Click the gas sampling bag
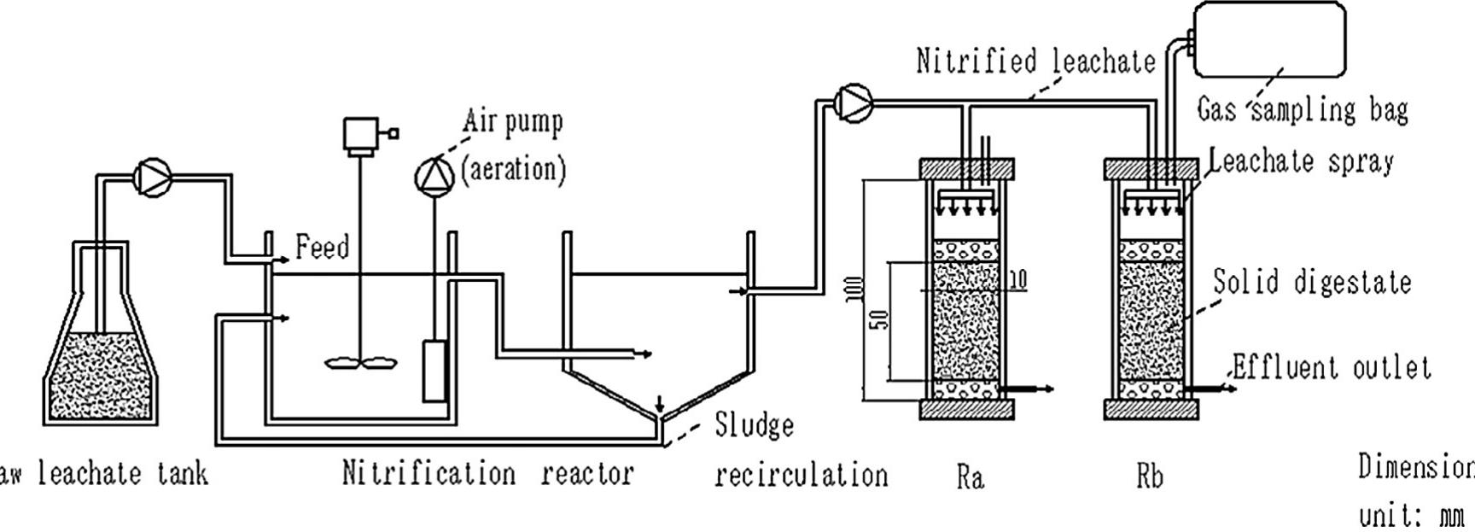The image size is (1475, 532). point(1268,38)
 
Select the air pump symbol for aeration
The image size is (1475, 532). point(434,176)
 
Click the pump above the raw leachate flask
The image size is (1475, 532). point(153,177)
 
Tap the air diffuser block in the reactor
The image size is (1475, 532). point(434,371)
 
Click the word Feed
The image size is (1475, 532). point(322,248)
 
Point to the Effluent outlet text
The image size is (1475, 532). point(1332,368)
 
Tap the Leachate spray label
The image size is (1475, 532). point(1302,161)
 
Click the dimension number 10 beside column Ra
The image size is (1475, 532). point(1017,279)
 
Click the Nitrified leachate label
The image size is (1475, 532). point(1035,61)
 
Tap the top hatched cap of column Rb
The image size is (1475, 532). point(1151,169)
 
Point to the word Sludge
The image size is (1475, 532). point(754,425)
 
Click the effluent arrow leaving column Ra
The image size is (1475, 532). point(1028,389)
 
